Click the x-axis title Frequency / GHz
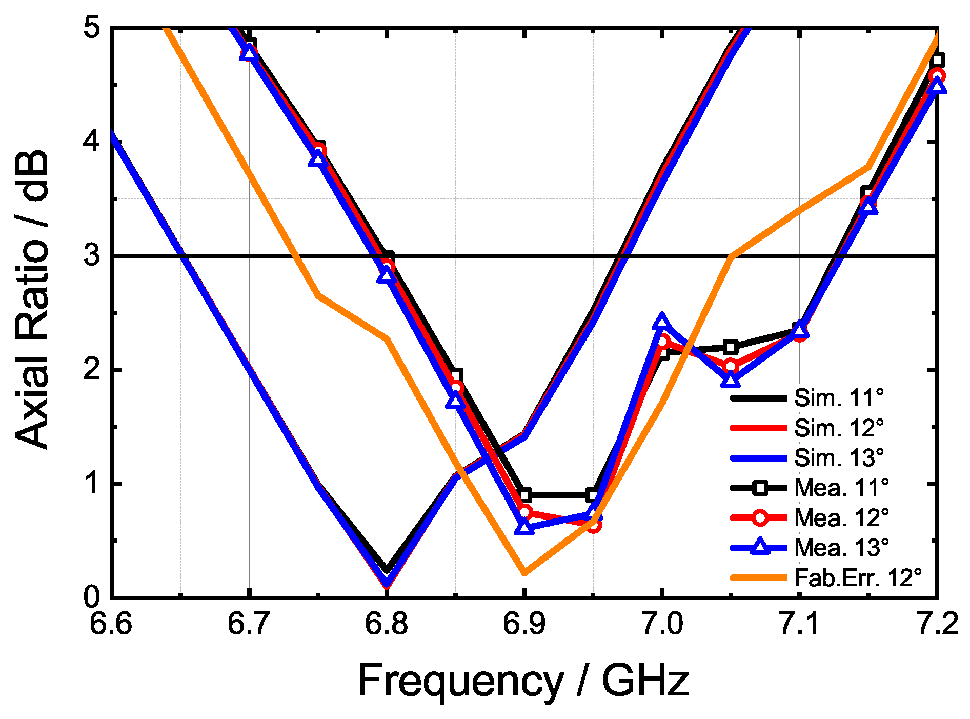point(523,681)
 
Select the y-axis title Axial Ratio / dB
point(32,300)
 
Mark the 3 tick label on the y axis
point(92,255)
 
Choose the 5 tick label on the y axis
point(92,28)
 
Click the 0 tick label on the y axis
point(92,597)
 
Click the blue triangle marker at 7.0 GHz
point(662,322)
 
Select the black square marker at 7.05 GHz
point(731,347)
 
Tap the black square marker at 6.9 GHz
point(524,495)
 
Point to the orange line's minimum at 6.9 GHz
point(524,572)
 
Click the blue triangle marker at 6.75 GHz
point(318,159)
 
